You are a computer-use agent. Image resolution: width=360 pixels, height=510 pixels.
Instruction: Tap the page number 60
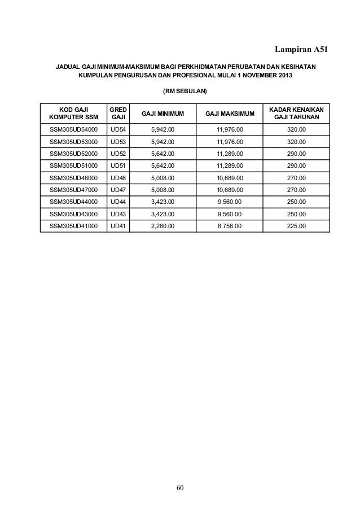[x=180, y=487]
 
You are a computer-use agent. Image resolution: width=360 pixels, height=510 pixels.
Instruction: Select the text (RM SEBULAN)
[x=185, y=90]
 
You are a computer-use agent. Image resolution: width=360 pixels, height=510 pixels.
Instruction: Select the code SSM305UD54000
[x=73, y=130]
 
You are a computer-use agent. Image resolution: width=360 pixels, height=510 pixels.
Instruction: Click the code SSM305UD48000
[x=73, y=178]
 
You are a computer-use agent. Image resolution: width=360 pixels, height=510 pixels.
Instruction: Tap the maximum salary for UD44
[x=230, y=202]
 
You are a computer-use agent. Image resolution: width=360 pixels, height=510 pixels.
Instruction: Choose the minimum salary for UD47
[x=163, y=190]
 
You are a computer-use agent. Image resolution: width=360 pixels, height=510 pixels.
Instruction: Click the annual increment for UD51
[x=296, y=166]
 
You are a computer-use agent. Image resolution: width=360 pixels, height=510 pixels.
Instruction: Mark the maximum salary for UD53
[x=230, y=142]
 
